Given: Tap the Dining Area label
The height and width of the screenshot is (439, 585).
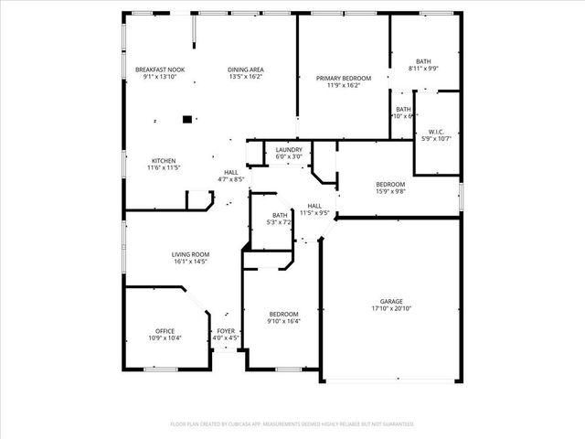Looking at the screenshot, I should point(246,70).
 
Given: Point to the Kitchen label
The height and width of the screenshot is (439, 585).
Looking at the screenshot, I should point(164,161).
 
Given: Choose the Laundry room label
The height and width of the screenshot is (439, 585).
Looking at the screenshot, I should point(289,150).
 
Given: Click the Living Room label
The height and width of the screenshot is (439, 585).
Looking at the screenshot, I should point(190,254).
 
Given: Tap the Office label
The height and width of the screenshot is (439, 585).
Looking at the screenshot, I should point(165,331).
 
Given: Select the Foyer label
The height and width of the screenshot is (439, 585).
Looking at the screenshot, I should point(226,331).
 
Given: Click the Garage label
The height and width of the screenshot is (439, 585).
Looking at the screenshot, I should point(391,301).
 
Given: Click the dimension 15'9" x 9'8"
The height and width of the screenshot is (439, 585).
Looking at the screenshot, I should point(390,191).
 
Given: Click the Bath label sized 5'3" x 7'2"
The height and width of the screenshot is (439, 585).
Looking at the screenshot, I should point(279,215).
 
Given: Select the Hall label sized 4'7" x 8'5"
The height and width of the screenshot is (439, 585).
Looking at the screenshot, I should point(232,172).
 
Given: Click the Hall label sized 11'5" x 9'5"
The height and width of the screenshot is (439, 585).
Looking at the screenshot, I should point(314,206).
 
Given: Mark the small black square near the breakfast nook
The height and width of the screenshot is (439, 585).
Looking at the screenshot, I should point(187,118).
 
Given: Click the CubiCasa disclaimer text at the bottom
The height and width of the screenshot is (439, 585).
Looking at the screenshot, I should point(292,424).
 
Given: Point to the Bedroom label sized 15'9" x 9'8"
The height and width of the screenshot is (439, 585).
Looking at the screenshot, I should point(390,184).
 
